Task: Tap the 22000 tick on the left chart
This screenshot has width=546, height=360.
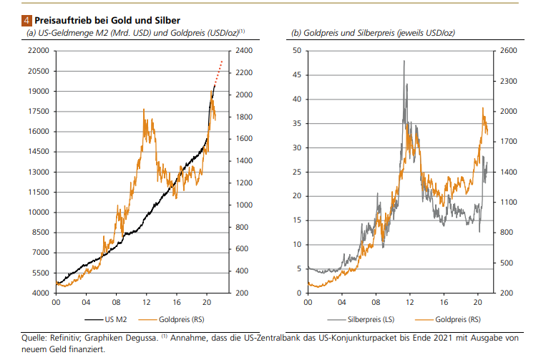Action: point(37,51)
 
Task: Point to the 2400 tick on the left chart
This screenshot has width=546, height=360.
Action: point(242,51)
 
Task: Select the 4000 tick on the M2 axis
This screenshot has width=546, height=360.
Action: point(39,293)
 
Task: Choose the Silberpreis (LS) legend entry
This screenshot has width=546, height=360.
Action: point(360,318)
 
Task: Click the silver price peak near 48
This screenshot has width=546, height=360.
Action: point(404,61)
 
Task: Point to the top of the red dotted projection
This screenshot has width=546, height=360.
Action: point(222,62)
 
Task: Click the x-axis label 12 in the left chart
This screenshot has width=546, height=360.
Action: point(147,303)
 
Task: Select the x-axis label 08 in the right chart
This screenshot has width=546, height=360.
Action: point(376,303)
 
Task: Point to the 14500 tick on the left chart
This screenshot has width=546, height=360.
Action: point(37,152)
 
